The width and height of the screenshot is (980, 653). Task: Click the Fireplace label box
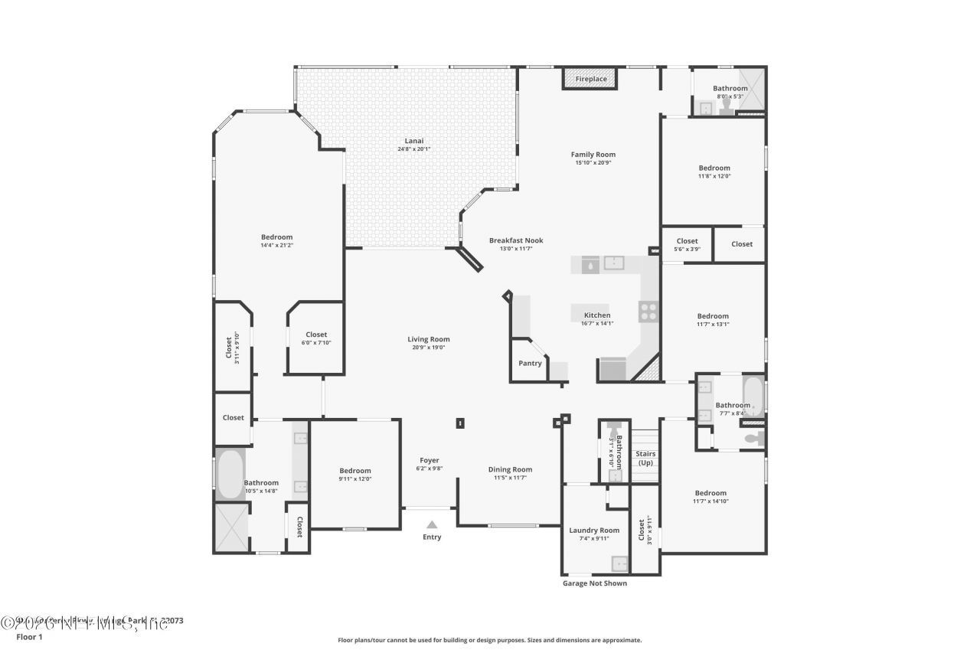coord(591,79)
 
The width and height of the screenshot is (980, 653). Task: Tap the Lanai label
coord(414,141)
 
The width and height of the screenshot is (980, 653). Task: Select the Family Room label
coord(593,155)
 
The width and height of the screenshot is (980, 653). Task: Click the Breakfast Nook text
coord(516,240)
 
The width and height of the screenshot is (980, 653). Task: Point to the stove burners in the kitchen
coord(648,310)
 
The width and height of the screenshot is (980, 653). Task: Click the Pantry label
coord(530,363)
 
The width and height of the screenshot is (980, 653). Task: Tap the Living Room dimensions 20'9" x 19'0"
coord(428,348)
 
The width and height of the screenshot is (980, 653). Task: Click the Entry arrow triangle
coord(432,525)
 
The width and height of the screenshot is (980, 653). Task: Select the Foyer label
coord(430,460)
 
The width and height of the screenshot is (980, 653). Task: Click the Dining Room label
coord(510,469)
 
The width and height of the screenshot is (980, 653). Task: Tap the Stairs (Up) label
coord(645,458)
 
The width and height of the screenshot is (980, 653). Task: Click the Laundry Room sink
coord(620,564)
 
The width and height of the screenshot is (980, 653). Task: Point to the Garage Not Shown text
coord(594,583)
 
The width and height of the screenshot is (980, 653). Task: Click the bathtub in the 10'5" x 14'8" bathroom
coord(229,475)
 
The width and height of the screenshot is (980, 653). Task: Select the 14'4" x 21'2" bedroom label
coord(276,237)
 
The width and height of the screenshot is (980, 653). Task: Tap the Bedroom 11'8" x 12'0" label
coord(714,168)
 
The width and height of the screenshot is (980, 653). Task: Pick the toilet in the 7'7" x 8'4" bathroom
coord(754,439)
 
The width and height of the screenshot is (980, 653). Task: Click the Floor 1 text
coord(30,636)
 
